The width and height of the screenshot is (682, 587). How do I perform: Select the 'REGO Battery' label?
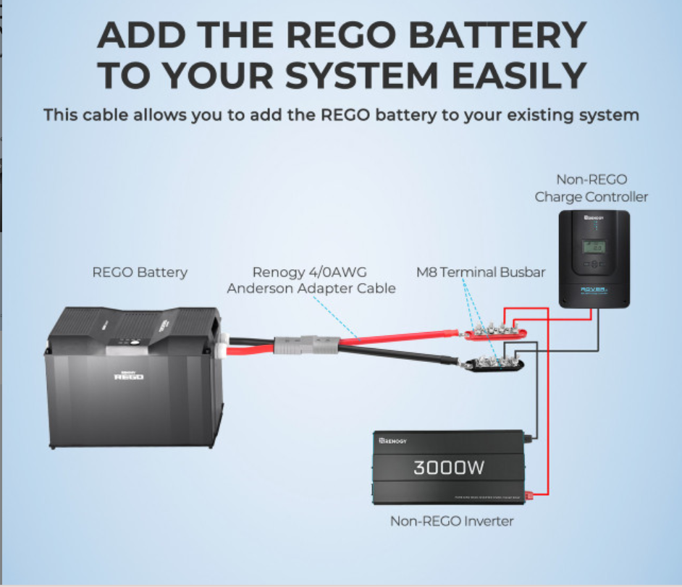[140, 273]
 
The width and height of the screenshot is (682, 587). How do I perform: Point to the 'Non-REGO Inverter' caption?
[452, 520]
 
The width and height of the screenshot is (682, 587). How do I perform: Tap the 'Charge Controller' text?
[592, 197]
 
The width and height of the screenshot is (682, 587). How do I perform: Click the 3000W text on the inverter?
[449, 468]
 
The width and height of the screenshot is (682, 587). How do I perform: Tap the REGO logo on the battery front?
[129, 376]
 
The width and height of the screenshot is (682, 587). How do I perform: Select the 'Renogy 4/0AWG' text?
[311, 273]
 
